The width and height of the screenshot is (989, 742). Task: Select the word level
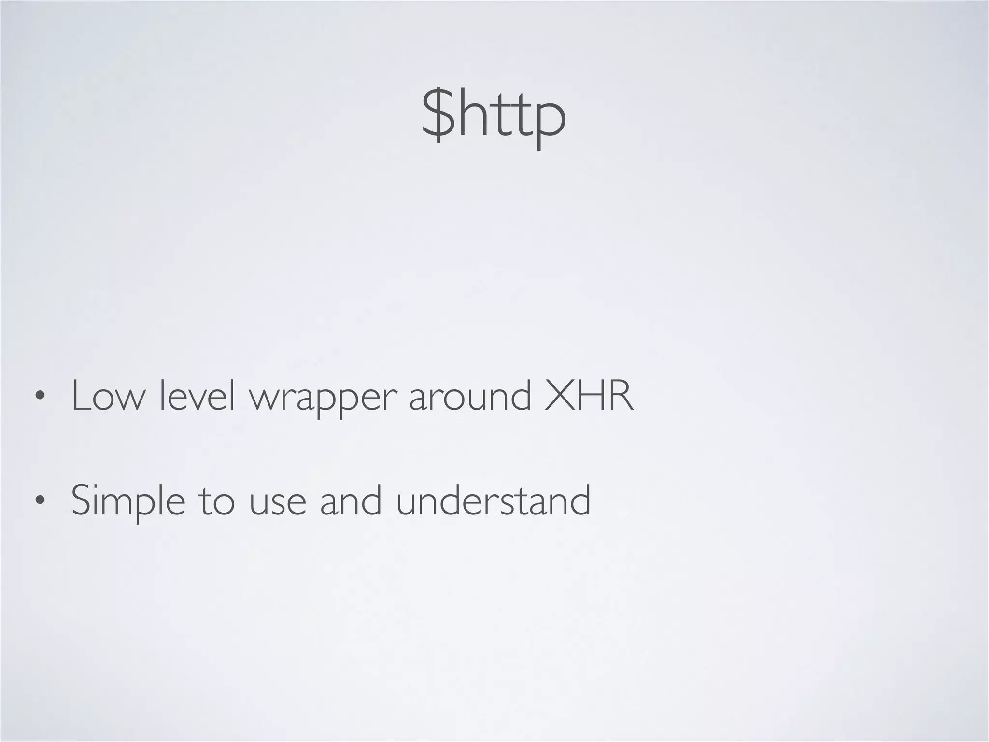tap(197, 396)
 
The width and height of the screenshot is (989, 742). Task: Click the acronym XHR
tap(588, 396)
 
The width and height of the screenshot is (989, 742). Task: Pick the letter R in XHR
tap(620, 396)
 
